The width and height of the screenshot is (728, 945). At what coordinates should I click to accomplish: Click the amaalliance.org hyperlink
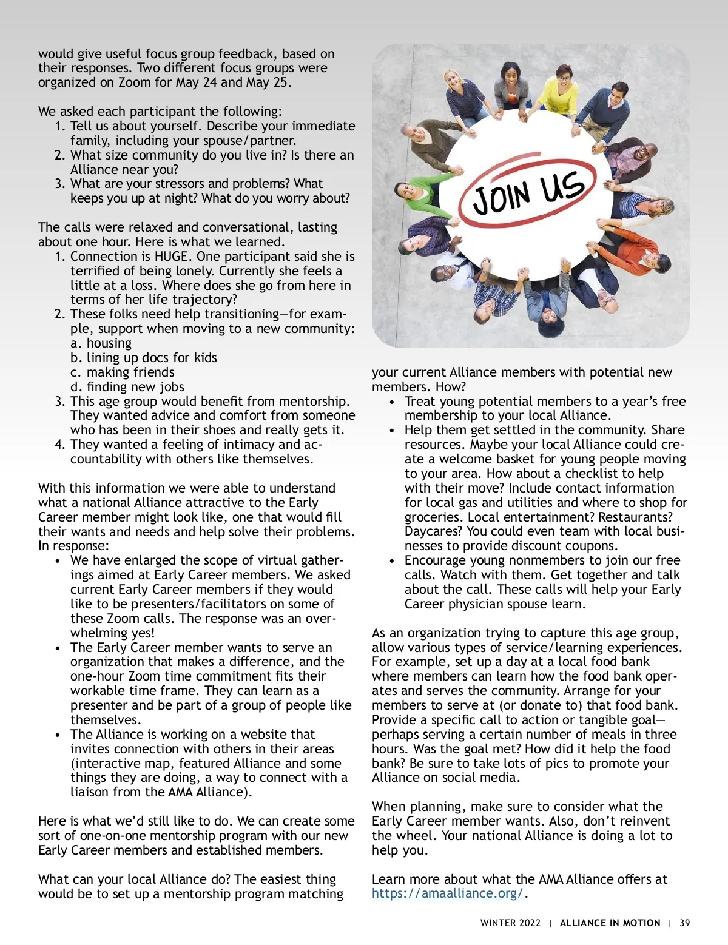[x=447, y=893]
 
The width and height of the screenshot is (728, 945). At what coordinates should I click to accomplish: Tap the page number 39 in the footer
[x=685, y=923]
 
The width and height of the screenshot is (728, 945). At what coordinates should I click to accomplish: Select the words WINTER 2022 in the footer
[x=510, y=923]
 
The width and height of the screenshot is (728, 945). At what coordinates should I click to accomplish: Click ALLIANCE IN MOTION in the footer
[x=610, y=923]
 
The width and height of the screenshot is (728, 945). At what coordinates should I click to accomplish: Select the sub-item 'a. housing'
[x=101, y=343]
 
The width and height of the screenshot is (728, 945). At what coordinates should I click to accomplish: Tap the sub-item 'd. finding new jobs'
[x=127, y=387]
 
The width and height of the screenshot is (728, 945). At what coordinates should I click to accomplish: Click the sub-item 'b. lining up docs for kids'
[x=143, y=358]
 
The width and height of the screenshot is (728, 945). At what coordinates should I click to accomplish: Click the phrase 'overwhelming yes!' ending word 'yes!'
[x=141, y=633]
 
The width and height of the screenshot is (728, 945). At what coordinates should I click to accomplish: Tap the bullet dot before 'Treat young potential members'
[x=393, y=402]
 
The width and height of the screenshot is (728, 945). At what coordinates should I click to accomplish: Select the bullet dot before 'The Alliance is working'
[x=58, y=735]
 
